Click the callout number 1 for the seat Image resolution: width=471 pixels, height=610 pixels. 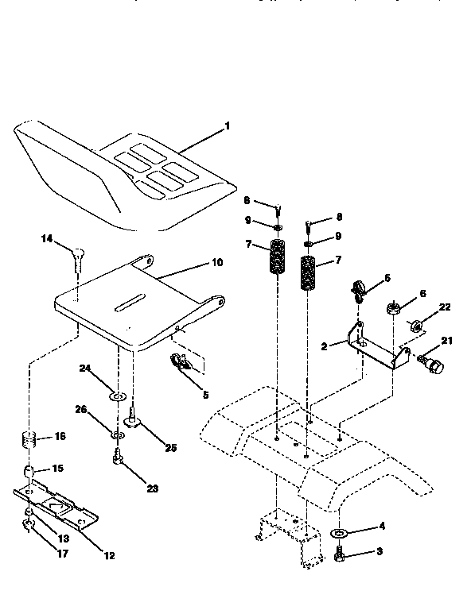(x=227, y=126)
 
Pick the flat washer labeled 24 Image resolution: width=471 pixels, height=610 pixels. (x=117, y=394)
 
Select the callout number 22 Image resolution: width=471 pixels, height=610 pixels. (x=445, y=307)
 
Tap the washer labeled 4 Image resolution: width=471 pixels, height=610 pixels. (x=339, y=532)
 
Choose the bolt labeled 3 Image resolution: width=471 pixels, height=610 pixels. (x=339, y=556)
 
